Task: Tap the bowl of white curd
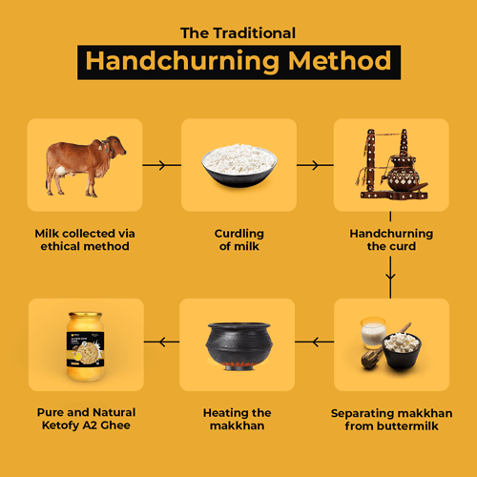[239, 165]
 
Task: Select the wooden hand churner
[392, 165]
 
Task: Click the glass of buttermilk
[373, 332]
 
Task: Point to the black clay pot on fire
[238, 346]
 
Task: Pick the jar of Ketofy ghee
[85, 346]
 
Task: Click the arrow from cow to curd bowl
[162, 165]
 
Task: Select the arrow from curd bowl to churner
[315, 165]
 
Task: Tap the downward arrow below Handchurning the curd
[390, 278]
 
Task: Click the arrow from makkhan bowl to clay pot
[315, 342]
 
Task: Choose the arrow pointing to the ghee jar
[161, 342]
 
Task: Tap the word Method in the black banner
[340, 60]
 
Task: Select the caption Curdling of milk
[239, 239]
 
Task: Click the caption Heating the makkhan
[238, 419]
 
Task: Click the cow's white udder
[60, 172]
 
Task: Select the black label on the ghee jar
[85, 349]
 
